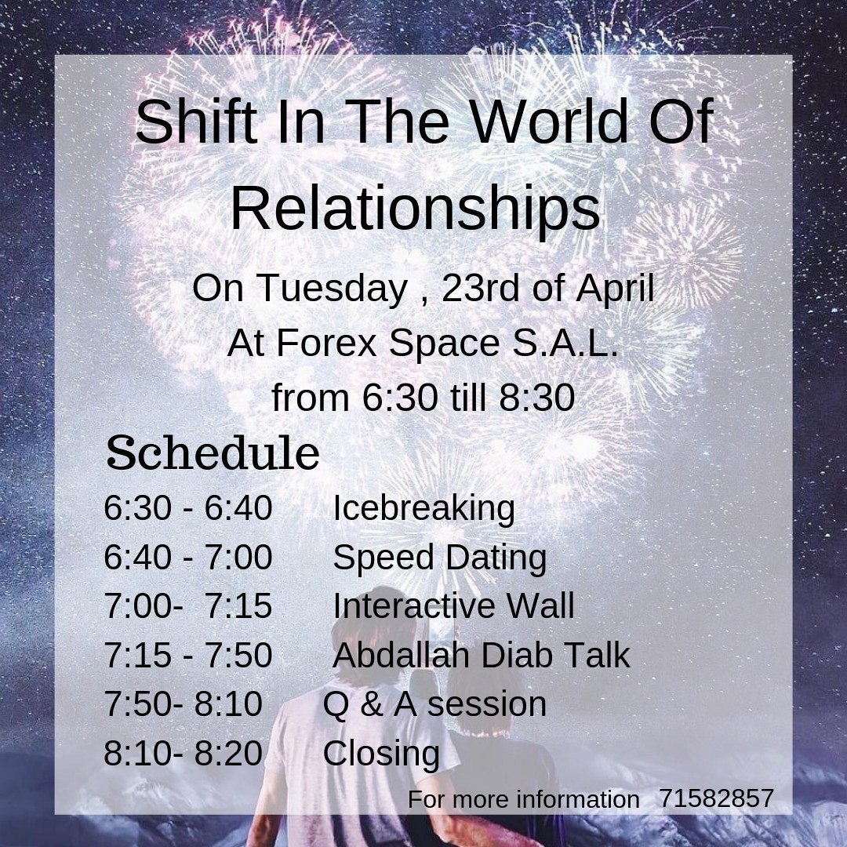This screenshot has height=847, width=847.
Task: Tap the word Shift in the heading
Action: click(x=192, y=123)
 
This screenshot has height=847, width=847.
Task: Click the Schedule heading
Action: click(x=213, y=454)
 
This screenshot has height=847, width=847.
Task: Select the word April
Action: click(x=615, y=289)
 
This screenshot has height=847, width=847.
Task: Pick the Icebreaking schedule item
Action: click(x=423, y=508)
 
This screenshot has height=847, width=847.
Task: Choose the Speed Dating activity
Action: click(x=439, y=558)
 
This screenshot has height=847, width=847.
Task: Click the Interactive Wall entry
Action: click(x=453, y=606)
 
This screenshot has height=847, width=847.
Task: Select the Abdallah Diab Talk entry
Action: click(x=481, y=656)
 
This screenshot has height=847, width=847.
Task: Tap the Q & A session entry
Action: click(x=434, y=704)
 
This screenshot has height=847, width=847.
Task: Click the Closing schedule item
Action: click(x=381, y=754)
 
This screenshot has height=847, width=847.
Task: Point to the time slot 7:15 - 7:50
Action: click(x=188, y=656)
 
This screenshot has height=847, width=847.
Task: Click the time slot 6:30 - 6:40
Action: click(x=188, y=508)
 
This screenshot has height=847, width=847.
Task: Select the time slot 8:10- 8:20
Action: click(x=183, y=754)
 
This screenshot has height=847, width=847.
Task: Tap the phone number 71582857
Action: click(x=716, y=799)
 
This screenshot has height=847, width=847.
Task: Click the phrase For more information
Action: click(x=523, y=800)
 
